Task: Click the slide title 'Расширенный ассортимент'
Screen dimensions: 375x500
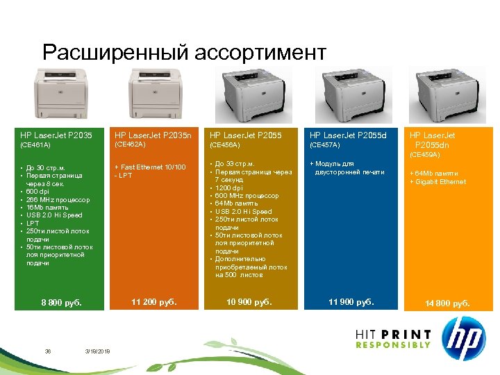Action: click(x=184, y=53)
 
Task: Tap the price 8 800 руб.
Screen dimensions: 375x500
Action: click(x=61, y=303)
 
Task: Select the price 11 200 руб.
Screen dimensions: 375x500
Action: click(x=154, y=301)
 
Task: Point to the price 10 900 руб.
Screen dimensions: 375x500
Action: click(x=249, y=302)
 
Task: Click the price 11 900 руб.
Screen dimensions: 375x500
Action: click(x=351, y=301)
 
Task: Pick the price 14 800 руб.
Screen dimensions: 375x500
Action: click(x=447, y=303)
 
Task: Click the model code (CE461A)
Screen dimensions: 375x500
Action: click(x=35, y=146)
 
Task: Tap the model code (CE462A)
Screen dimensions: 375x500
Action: click(x=129, y=144)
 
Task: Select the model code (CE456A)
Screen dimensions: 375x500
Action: click(x=224, y=145)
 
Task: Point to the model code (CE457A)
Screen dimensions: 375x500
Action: click(x=324, y=145)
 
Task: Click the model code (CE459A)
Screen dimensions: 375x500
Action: click(x=424, y=154)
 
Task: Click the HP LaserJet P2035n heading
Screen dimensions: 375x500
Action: click(x=153, y=135)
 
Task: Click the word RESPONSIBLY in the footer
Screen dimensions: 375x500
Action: click(x=393, y=345)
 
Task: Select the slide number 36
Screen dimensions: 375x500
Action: click(x=48, y=351)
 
